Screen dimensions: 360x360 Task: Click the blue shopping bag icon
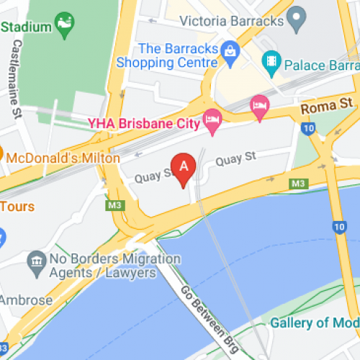click(x=230, y=50)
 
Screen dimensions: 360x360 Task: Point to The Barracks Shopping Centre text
click(x=177, y=55)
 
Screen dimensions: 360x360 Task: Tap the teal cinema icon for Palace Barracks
click(x=271, y=60)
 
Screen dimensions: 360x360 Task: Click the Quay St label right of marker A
click(x=235, y=157)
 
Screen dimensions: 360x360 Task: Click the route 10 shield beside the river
click(x=338, y=228)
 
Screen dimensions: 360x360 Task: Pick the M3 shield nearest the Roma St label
click(x=298, y=184)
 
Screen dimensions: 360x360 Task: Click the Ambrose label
click(x=26, y=300)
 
